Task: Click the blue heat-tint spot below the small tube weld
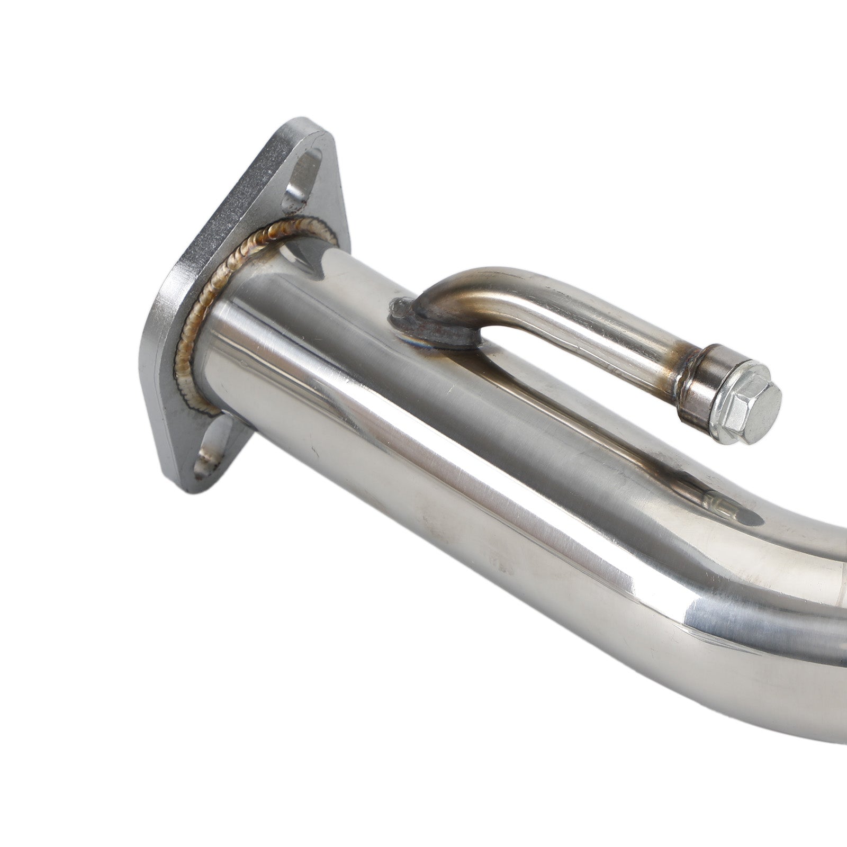(424, 344)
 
